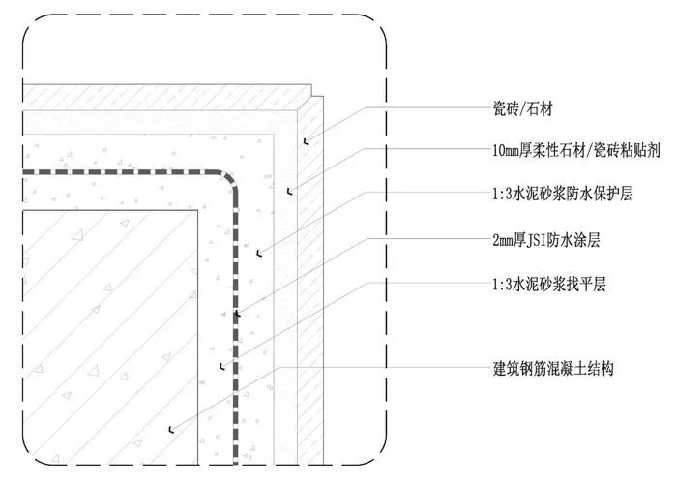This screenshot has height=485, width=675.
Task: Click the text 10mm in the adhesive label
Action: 503,152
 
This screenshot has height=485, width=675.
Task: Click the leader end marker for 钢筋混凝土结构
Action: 169,426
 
